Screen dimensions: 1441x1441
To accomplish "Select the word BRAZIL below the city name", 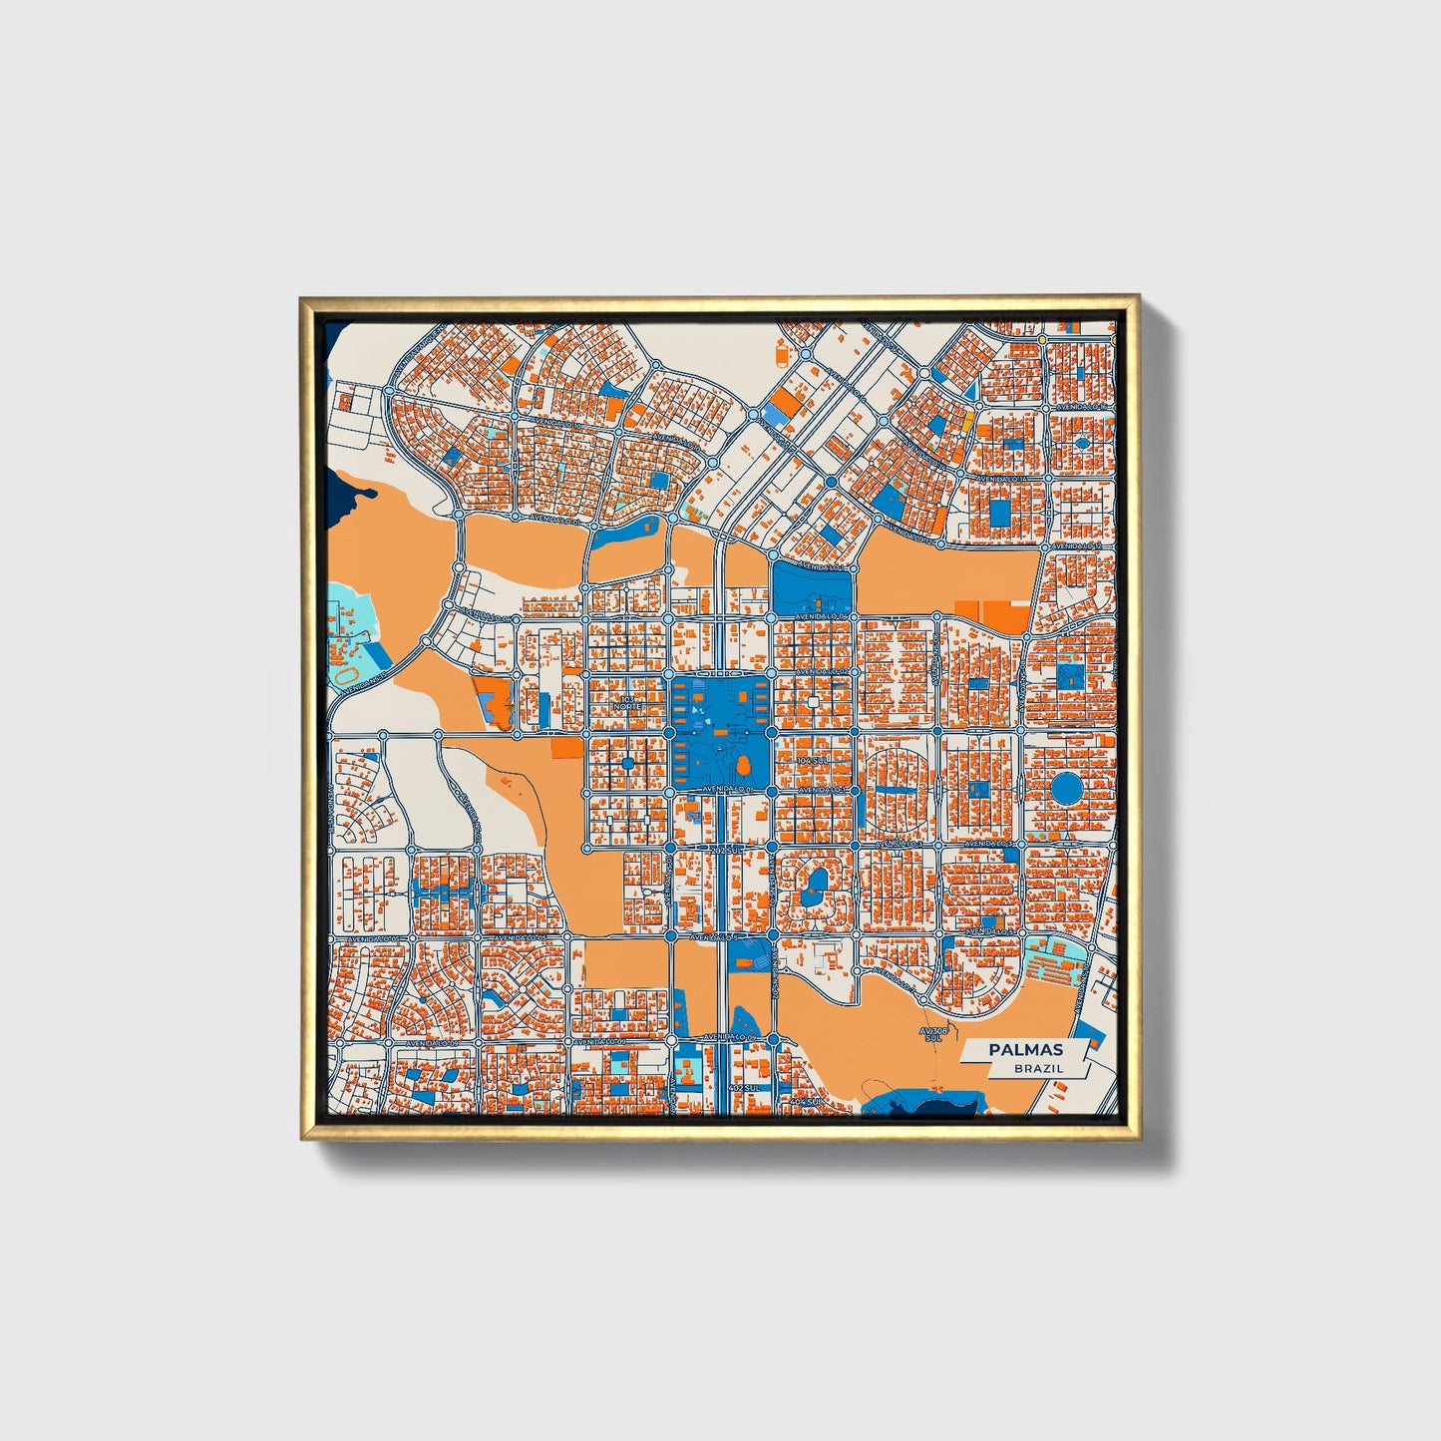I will click(x=1038, y=1068).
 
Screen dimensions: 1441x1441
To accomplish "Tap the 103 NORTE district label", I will click(x=627, y=703).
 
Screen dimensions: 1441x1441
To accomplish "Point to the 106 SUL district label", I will click(x=813, y=760).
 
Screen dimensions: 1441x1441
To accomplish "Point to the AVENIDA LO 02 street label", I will click(x=828, y=673).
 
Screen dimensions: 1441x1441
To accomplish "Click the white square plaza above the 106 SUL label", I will click(x=814, y=703).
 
